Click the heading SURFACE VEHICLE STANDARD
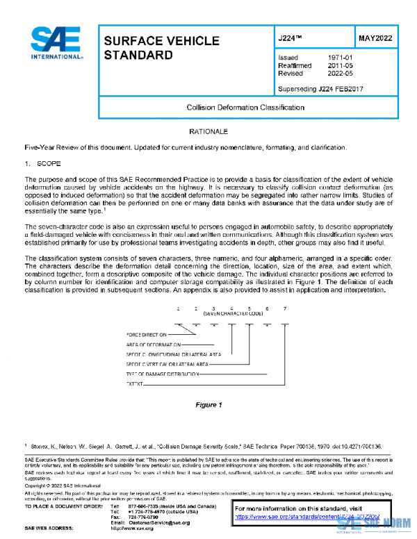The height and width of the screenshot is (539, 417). [x=161, y=48]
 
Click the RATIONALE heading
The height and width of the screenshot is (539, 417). [x=208, y=131]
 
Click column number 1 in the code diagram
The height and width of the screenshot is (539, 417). [x=178, y=308]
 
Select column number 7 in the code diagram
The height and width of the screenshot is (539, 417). [x=284, y=308]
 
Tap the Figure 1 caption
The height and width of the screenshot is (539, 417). [x=208, y=405]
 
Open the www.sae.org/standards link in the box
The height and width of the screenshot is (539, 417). [x=301, y=517]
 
